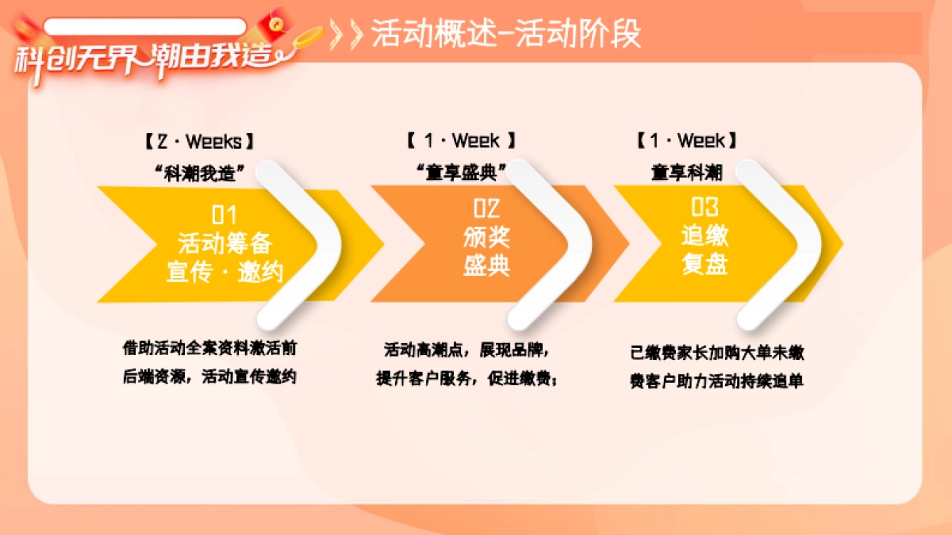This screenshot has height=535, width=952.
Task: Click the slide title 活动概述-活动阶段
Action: (x=506, y=35)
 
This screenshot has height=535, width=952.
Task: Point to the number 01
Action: (x=225, y=215)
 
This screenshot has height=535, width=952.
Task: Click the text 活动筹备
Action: (x=225, y=243)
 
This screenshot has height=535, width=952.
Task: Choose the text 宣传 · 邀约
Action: (x=225, y=272)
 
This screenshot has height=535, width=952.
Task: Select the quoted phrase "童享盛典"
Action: (x=461, y=171)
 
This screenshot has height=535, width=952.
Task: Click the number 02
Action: (x=486, y=208)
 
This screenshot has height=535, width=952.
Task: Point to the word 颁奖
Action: (x=486, y=236)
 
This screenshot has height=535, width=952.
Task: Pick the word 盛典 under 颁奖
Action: (x=486, y=265)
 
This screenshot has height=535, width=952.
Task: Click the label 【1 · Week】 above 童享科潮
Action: (x=687, y=141)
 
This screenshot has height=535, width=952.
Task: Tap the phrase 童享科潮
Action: (x=687, y=171)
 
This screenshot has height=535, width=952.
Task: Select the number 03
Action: (x=704, y=208)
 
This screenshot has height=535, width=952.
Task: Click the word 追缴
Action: (x=704, y=235)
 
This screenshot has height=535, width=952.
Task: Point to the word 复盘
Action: (x=704, y=264)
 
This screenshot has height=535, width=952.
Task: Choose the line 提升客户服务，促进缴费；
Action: (x=466, y=378)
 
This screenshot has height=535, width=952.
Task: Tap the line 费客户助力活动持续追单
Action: (x=716, y=381)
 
